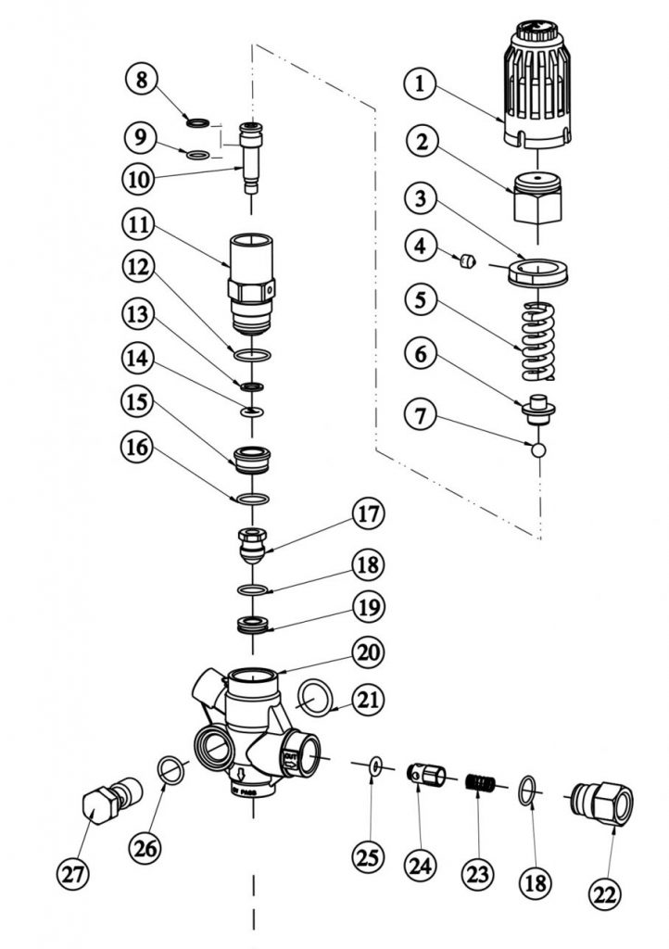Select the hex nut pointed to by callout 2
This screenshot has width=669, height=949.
tap(538, 197)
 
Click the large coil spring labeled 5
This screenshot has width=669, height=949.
tap(538, 340)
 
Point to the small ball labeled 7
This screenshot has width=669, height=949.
tap(538, 450)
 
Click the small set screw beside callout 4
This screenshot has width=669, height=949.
tap(469, 261)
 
